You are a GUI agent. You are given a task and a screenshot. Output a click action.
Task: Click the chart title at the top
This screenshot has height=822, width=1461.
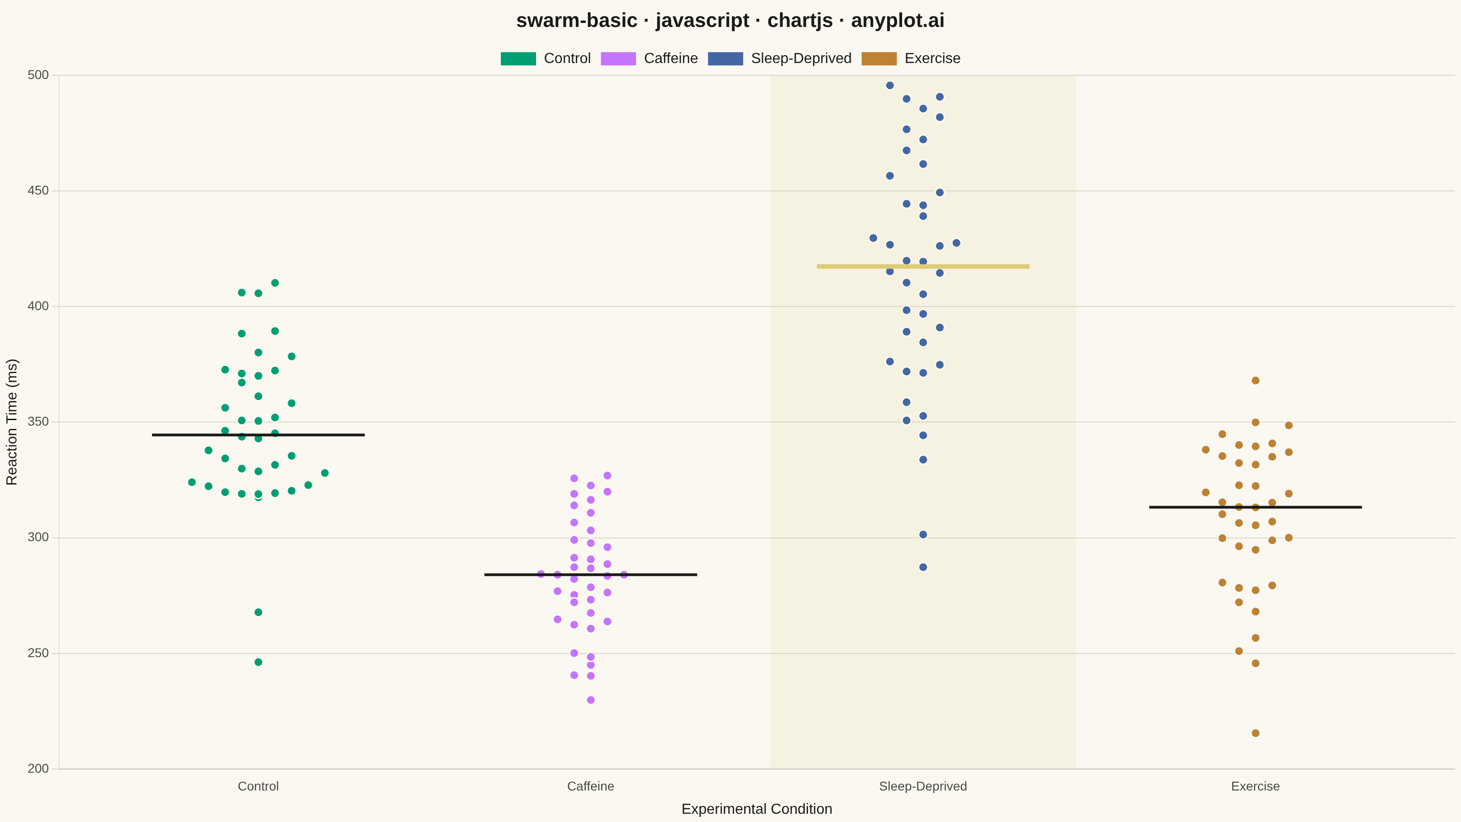pyautogui.click(x=730, y=21)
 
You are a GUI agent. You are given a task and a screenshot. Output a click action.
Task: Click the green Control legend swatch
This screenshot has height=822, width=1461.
pyautogui.click(x=518, y=58)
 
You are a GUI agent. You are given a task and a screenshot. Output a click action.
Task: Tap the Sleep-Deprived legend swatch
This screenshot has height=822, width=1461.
pyautogui.click(x=725, y=58)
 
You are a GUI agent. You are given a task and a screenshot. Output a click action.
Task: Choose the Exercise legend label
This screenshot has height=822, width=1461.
pyautogui.click(x=932, y=58)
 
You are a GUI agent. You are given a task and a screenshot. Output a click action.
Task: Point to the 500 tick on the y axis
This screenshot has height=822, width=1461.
pyautogui.click(x=38, y=75)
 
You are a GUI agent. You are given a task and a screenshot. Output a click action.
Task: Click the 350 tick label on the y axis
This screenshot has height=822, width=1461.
pyautogui.click(x=38, y=422)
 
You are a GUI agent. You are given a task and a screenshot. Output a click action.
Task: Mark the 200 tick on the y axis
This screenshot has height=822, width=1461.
pyautogui.click(x=38, y=769)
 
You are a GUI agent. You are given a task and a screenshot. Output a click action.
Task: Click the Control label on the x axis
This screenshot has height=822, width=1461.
pyautogui.click(x=258, y=786)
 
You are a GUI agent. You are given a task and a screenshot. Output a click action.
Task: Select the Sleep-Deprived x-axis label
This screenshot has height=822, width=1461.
pyautogui.click(x=923, y=786)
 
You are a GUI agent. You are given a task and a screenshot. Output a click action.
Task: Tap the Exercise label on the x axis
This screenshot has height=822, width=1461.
pyautogui.click(x=1255, y=786)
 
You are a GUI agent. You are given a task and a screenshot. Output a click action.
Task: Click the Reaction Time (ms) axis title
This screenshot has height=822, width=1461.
pyautogui.click(x=12, y=422)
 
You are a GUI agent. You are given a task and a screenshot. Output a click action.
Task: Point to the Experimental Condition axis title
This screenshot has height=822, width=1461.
pyautogui.click(x=757, y=809)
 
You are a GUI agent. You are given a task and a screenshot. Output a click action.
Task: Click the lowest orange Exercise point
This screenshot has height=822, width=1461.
pyautogui.click(x=1255, y=733)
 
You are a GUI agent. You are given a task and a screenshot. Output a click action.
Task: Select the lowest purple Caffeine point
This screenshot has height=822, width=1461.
pyautogui.click(x=590, y=700)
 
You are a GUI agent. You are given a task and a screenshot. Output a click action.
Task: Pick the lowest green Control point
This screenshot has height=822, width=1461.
pyautogui.click(x=258, y=662)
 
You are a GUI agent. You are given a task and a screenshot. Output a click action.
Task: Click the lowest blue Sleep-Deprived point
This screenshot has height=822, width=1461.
pyautogui.click(x=923, y=567)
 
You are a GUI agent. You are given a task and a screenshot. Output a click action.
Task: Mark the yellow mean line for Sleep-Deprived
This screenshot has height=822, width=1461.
pyautogui.click(x=923, y=266)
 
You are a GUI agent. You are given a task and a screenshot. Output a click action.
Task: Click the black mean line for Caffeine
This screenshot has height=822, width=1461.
pyautogui.click(x=590, y=574)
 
